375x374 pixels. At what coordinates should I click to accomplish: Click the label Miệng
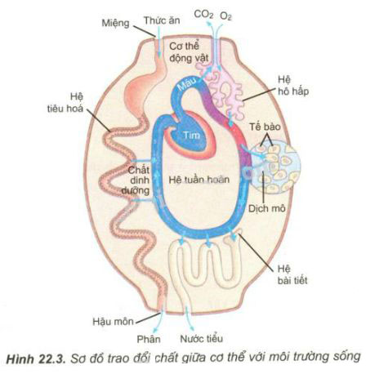115,23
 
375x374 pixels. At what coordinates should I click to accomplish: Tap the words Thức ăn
162,20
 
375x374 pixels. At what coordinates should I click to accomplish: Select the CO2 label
203,15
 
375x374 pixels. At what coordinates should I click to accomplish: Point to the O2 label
225,16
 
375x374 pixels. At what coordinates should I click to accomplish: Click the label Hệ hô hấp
293,86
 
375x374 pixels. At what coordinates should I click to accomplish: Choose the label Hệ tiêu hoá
65,103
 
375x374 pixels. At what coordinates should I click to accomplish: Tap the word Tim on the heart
191,135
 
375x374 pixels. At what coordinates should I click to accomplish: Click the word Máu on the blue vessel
187,84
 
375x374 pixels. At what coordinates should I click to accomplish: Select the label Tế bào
265,127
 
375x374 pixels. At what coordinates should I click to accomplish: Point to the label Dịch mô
266,209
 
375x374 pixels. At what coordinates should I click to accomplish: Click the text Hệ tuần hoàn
199,180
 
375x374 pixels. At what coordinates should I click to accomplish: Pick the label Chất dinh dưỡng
136,180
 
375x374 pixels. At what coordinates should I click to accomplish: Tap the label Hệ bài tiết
292,274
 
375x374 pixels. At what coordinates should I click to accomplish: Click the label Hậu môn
113,322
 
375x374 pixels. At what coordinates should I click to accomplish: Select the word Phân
149,339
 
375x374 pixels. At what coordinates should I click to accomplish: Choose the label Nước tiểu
201,339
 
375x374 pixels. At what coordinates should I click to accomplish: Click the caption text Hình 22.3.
36,358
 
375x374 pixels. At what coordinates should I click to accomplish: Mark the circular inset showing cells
275,167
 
